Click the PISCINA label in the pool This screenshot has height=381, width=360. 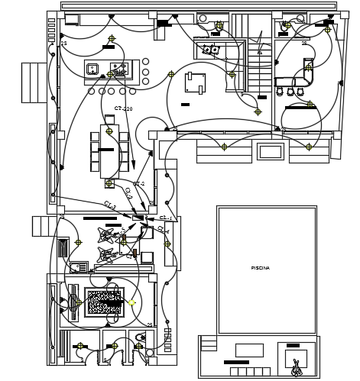(x=260, y=269)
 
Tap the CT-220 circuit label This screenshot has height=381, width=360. (x=123, y=109)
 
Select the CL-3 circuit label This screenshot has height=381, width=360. (x=109, y=205)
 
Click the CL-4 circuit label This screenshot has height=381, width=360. (x=163, y=230)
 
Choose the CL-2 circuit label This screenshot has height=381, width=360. (x=128, y=194)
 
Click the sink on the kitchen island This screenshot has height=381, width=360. (x=92, y=69)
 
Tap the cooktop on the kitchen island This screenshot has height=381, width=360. (x=118, y=69)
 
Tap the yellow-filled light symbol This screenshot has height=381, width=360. (x=131, y=303)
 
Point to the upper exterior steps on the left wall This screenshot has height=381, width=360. (x=33, y=82)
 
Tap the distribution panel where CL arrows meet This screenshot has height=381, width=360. (x=138, y=218)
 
